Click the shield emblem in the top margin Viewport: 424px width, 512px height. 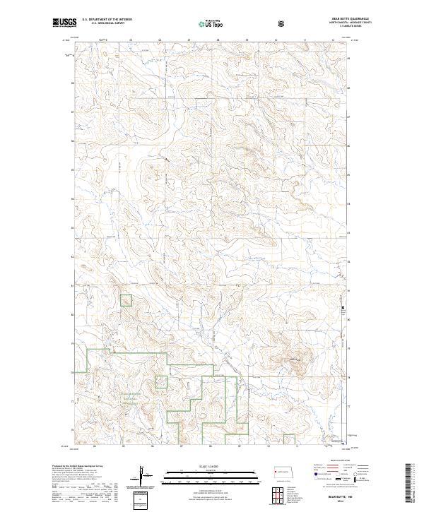click(282, 23)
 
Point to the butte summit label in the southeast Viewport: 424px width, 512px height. click(295, 361)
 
